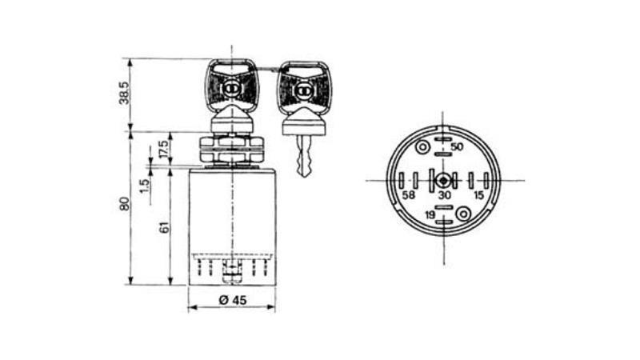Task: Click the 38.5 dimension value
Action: (124, 93)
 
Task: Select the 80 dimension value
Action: (124, 204)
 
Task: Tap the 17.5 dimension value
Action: (164, 150)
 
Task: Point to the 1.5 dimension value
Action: (144, 186)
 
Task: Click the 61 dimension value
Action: (164, 227)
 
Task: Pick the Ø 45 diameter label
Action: (233, 300)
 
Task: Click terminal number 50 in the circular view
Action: (457, 146)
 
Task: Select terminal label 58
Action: (409, 195)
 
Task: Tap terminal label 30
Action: (445, 195)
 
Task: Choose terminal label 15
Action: (478, 195)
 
